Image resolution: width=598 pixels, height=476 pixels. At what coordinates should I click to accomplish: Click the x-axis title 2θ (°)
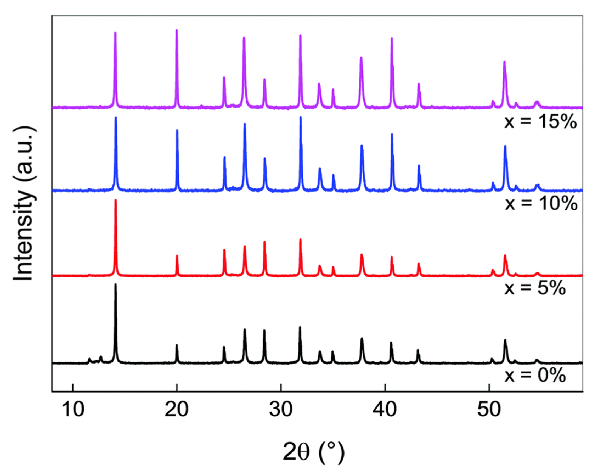pyautogui.click(x=314, y=452)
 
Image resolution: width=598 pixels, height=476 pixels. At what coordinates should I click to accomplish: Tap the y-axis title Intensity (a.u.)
pyautogui.click(x=24, y=204)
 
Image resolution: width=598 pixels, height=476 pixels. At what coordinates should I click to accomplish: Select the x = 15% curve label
pyautogui.click(x=541, y=122)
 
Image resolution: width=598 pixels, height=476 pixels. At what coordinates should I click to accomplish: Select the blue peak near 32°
pyautogui.click(x=301, y=118)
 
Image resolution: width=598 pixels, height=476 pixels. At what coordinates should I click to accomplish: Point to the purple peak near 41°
pyautogui.click(x=392, y=39)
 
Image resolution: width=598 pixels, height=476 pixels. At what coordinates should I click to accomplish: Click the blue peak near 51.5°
pyautogui.click(x=505, y=147)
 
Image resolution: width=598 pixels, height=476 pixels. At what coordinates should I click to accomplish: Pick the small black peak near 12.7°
pyautogui.click(x=101, y=357)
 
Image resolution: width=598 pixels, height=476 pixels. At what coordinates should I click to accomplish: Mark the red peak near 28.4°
pyautogui.click(x=265, y=243)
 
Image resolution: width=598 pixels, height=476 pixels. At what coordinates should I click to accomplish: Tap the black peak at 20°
pyautogui.click(x=177, y=346)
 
